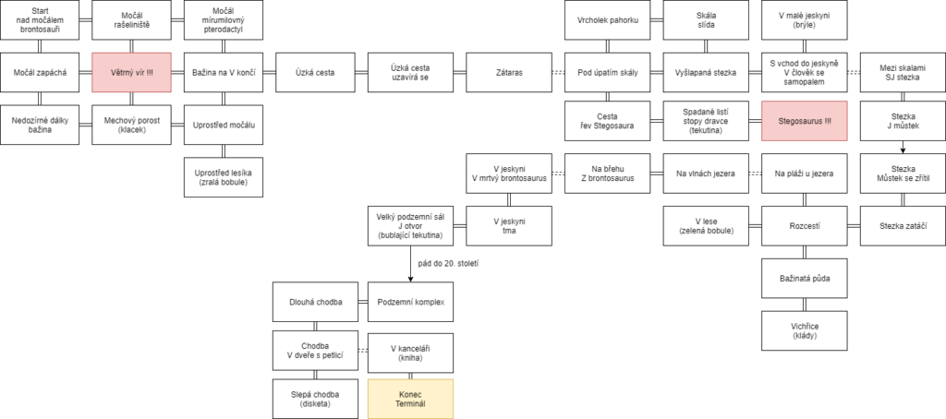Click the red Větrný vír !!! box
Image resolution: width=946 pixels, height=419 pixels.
131,72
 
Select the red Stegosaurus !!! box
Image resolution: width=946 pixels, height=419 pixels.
805,121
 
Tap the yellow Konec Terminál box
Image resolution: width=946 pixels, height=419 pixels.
410,399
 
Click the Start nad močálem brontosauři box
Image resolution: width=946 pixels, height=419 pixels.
39,20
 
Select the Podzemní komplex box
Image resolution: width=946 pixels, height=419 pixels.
410,302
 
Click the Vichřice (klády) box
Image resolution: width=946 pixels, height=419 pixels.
805,329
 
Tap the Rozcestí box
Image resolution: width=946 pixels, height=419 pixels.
805,225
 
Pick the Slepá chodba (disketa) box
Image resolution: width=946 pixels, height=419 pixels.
315,399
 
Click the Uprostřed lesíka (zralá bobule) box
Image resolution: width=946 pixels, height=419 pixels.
224,176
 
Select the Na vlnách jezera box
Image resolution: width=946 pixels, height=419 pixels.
706,174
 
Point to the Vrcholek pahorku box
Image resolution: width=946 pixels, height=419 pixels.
608,20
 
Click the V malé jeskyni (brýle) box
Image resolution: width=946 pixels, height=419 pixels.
805,20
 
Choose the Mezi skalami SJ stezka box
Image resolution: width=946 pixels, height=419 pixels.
903,72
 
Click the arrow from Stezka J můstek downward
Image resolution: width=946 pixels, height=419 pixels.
903,148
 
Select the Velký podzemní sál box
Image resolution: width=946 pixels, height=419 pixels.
410,225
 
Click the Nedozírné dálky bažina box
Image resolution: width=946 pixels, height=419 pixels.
39,125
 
